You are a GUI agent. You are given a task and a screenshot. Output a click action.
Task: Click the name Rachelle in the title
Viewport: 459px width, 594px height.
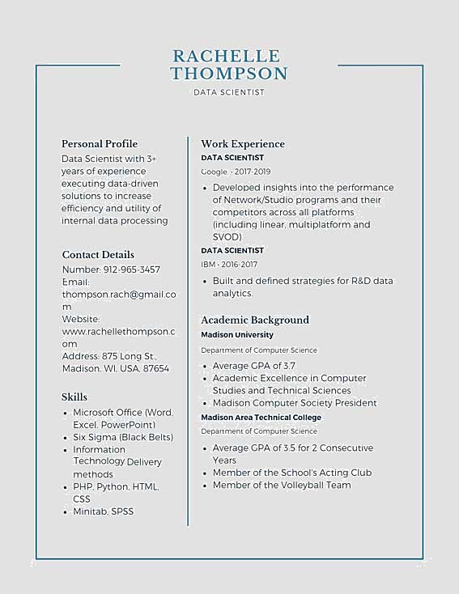[x=227, y=56]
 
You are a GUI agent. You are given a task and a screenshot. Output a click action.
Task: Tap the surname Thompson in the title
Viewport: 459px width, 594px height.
[x=229, y=74]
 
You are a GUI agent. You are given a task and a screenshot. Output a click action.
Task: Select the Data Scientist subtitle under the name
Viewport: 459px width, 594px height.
[x=229, y=92]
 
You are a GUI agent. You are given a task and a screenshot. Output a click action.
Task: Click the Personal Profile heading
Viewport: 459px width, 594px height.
[x=100, y=144]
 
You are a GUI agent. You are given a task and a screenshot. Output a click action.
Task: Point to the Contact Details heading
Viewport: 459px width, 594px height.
[x=98, y=254]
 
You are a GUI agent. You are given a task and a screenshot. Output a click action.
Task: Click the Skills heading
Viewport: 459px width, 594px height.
[x=74, y=397]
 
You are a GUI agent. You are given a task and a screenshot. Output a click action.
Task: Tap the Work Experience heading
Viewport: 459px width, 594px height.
[x=243, y=144]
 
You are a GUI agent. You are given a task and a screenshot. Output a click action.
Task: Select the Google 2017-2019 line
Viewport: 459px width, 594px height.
[x=236, y=172]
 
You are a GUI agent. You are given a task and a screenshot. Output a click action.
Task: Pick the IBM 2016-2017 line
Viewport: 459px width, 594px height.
[x=229, y=265]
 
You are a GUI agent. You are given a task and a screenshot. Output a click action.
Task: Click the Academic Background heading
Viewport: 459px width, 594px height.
[x=255, y=320]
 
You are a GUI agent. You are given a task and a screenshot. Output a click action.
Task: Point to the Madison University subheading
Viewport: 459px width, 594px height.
[x=237, y=335]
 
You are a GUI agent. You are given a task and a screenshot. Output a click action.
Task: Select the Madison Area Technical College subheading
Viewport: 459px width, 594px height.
[x=261, y=418]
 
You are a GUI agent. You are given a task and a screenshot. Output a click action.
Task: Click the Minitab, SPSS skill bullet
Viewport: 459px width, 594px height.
[x=103, y=511]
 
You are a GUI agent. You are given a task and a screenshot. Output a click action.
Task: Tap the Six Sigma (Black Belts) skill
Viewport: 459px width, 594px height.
[x=123, y=437]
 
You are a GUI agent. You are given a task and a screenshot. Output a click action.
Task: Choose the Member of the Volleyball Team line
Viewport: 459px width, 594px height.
[x=282, y=485]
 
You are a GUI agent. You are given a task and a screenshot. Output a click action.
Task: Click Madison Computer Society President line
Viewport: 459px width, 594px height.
[x=295, y=403]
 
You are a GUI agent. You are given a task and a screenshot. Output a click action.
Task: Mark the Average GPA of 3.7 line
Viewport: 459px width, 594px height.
[x=254, y=366]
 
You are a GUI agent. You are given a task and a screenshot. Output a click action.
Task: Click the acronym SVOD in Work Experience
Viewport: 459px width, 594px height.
[x=227, y=237]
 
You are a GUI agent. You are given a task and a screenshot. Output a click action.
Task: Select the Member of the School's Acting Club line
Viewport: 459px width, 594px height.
[x=292, y=473]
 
